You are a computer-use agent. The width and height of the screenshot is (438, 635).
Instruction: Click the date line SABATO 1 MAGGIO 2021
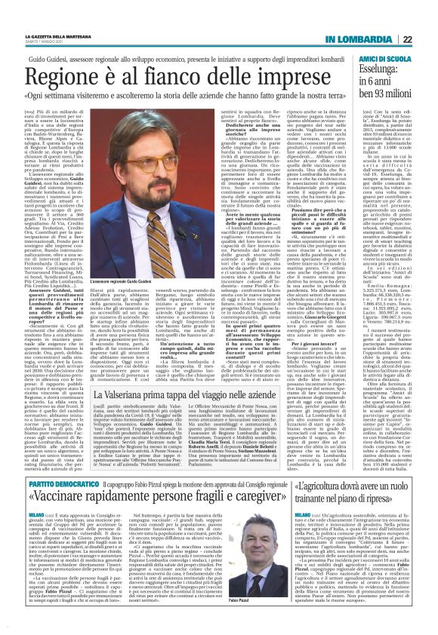(x=45, y=41)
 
